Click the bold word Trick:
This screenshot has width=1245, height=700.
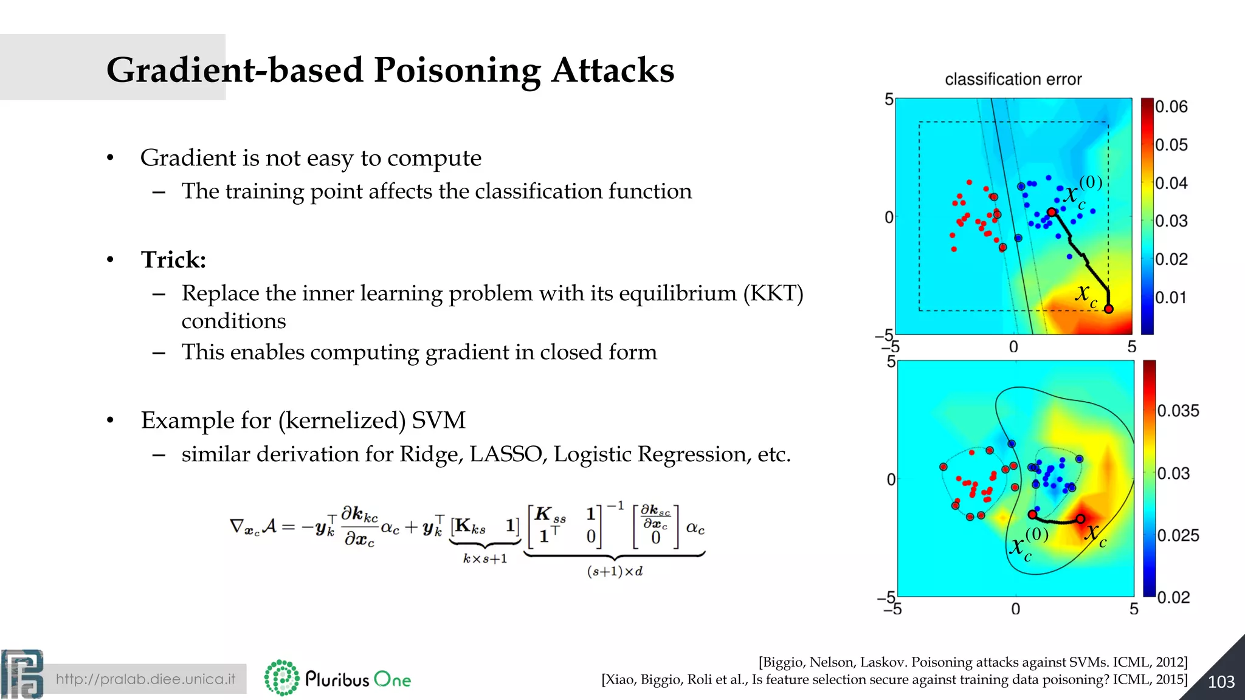173,260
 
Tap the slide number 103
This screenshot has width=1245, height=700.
1221,682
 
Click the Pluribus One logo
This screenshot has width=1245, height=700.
338,678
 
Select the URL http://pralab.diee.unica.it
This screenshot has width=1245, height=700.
145,679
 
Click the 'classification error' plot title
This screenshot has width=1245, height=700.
1013,80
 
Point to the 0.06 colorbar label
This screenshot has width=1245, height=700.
1171,107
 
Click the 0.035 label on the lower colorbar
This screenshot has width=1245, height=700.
1178,411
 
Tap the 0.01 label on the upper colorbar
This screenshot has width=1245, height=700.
1170,298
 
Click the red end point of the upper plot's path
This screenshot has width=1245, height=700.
1108,309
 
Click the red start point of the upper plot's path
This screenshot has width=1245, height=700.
1052,212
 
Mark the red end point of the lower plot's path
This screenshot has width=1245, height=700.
1080,518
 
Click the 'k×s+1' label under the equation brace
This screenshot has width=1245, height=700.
485,558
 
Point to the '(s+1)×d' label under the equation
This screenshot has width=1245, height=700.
615,571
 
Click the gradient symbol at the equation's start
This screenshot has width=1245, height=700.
236,526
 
